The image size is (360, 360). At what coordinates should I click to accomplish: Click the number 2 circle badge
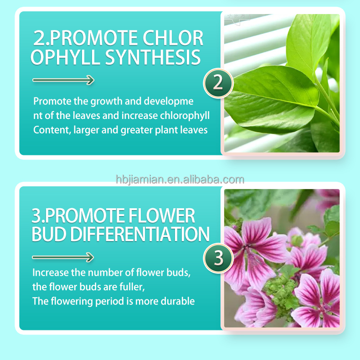coord(218,83)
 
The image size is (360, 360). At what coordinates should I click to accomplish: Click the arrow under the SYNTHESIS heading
coord(63,81)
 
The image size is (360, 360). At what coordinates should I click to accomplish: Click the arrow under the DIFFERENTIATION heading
coord(63,257)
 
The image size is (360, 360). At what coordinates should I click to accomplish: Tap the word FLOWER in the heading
coord(162,215)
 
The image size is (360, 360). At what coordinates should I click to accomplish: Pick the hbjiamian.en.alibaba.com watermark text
coord(180,179)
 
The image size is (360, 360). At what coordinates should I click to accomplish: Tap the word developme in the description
coord(172,101)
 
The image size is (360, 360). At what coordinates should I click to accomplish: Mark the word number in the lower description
coord(101,273)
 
